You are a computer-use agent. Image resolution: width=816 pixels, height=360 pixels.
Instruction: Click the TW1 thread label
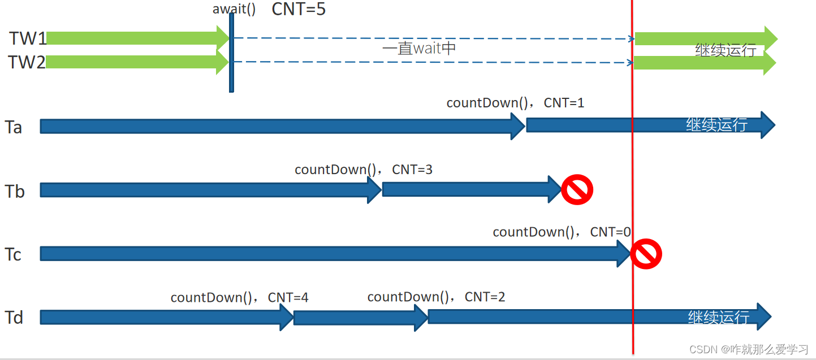27,38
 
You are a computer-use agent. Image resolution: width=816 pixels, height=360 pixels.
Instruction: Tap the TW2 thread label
27,62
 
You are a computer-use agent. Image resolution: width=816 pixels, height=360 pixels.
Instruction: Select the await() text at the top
234,9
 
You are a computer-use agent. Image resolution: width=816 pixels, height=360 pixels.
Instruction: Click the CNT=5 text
299,9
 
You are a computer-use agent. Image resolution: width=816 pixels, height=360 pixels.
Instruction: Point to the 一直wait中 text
419,49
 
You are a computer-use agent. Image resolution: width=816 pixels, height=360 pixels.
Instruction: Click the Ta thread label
14,127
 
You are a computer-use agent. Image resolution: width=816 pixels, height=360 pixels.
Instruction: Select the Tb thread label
15,192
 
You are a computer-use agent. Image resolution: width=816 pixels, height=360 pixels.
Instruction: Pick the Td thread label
14,318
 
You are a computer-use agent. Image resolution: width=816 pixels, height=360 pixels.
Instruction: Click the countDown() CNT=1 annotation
515,103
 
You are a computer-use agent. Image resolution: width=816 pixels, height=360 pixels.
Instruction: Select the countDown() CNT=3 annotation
364,169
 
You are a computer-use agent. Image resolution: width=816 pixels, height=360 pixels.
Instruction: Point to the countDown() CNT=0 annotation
562,232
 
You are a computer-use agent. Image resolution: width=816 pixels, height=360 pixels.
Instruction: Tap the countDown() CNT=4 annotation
239,297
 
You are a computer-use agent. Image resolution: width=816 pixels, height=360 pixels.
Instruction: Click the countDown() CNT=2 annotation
436,297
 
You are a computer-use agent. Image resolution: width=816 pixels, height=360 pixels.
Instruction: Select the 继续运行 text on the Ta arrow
716,124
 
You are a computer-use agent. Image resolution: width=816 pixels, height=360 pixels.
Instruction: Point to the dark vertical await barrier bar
231,54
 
